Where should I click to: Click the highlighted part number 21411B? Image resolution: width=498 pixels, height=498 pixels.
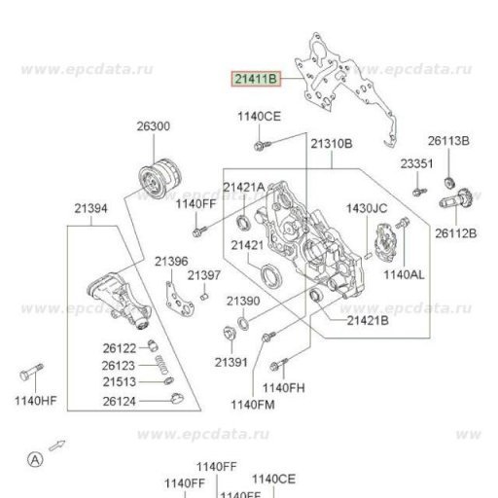click(256, 79)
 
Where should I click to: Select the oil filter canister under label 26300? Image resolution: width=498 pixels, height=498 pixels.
click(160, 179)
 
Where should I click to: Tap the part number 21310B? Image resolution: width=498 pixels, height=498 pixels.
click(332, 143)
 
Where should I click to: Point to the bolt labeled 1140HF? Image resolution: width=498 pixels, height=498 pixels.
click(31, 373)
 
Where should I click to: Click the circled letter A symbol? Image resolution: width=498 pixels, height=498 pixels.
click(35, 459)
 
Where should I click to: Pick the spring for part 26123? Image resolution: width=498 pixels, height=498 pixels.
click(161, 365)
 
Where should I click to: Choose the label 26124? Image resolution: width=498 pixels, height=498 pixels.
click(119, 402)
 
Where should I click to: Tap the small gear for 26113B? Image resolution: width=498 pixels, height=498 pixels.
click(449, 183)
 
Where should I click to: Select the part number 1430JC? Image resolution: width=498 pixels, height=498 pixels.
click(367, 208)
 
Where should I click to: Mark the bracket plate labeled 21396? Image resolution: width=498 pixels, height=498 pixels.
click(179, 300)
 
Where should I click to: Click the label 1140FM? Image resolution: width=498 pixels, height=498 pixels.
click(253, 405)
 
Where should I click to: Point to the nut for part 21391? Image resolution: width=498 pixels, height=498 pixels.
click(231, 335)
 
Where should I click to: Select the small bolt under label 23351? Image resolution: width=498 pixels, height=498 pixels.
click(420, 192)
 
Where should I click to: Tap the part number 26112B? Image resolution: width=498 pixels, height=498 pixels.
click(455, 233)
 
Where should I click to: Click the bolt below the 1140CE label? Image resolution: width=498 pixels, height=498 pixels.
click(263, 145)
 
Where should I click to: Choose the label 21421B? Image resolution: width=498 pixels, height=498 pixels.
click(368, 321)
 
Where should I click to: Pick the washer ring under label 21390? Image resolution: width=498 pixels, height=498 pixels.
click(243, 324)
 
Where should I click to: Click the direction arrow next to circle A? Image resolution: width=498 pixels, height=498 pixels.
click(57, 445)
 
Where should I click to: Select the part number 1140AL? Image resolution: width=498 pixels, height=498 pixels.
click(404, 275)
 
